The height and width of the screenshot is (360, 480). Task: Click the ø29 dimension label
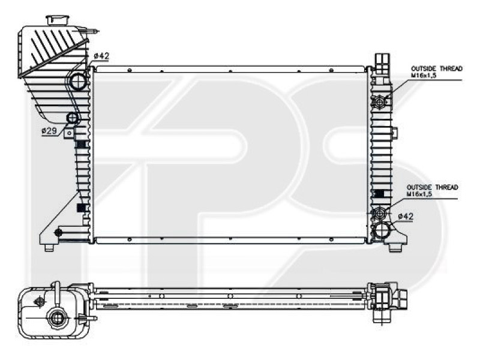click(x=49, y=131)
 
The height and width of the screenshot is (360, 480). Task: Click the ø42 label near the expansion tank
click(x=101, y=56)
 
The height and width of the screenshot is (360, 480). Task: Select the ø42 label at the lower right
click(x=406, y=216)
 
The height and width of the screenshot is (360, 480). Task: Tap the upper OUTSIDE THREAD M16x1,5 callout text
click(x=436, y=73)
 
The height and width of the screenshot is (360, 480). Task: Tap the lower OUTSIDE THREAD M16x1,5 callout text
click(x=431, y=191)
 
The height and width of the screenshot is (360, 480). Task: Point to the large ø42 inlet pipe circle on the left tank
click(x=78, y=81)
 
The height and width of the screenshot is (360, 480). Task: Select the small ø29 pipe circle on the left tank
click(x=73, y=118)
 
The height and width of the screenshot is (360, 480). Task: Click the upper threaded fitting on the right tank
click(x=380, y=102)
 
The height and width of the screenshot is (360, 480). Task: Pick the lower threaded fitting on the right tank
click(x=379, y=213)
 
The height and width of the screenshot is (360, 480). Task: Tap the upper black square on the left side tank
click(x=82, y=145)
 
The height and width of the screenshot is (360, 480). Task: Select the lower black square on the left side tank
click(x=82, y=208)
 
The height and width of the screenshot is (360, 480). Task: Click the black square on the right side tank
click(x=379, y=194)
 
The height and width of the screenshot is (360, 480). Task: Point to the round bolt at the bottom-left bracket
click(x=58, y=232)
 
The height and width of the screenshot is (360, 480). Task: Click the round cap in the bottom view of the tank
click(x=58, y=317)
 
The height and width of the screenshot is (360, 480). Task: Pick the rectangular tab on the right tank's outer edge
click(x=394, y=133)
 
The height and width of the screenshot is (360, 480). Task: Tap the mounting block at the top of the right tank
click(x=382, y=61)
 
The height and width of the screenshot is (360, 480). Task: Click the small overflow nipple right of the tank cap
click(x=94, y=30)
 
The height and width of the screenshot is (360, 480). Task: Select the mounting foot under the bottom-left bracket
click(x=49, y=247)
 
